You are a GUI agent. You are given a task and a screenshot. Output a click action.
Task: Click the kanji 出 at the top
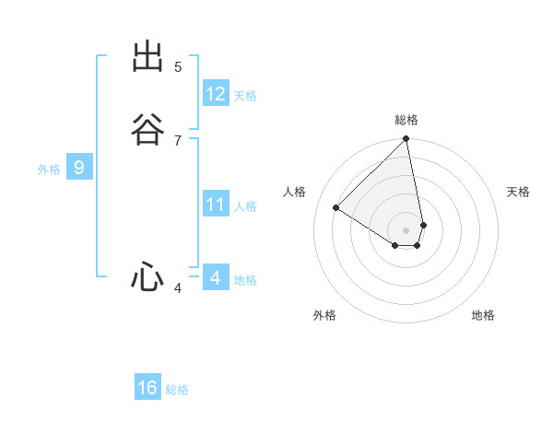pos(147,57)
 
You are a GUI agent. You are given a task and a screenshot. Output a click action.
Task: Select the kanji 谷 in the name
pos(147,129)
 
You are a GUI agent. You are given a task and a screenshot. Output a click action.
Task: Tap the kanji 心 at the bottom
pos(147,276)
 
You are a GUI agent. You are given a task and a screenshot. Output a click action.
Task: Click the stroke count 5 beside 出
pos(178,66)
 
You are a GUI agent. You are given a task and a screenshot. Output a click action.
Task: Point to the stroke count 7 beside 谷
pos(178,140)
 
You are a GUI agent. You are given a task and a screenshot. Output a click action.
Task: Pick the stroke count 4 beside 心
pos(178,288)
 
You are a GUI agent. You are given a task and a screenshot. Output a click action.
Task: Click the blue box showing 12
pos(216,94)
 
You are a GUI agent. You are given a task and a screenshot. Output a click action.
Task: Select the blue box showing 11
pos(216,205)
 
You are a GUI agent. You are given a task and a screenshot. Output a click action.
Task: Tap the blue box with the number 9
pos(79,168)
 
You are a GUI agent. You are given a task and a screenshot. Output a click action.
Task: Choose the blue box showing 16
pos(147,388)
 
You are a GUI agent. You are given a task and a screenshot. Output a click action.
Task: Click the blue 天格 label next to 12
pos(245,96)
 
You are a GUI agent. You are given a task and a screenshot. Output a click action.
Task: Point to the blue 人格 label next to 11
pos(245,206)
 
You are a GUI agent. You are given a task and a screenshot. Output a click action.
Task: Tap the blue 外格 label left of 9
pos(49,170)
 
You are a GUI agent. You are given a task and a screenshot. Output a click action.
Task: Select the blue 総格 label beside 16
pos(177,390)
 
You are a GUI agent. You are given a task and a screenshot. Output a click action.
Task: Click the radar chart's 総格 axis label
pos(406,120)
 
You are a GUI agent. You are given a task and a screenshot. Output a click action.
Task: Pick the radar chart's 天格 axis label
pos(519,192)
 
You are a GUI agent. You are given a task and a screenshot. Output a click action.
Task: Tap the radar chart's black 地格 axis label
pos(483,315)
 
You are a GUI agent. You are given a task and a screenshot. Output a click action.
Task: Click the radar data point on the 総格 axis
pos(406,140)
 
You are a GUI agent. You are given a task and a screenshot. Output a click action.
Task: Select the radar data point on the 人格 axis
pos(336,208)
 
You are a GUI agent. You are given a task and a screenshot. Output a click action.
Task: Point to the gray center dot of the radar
pos(406,229)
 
